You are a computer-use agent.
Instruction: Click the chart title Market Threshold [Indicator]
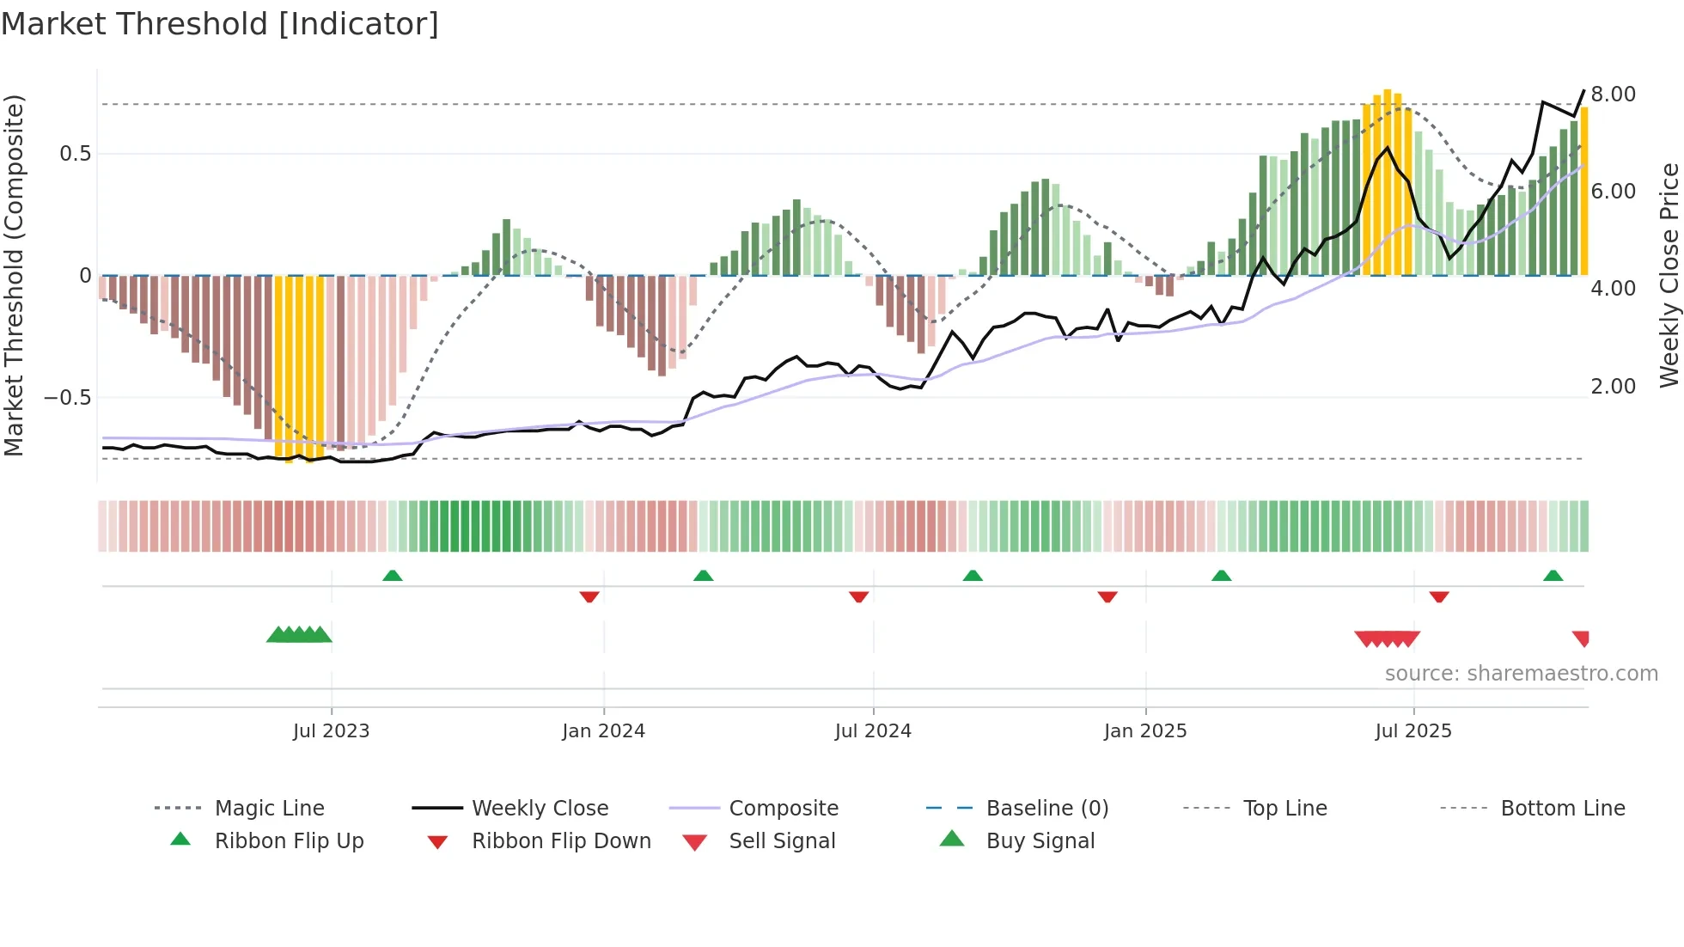click(x=220, y=24)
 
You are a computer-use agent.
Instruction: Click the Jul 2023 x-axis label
click(x=331, y=730)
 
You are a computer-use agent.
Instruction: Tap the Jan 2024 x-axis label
click(x=603, y=730)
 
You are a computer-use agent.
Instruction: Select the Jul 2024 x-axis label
click(x=873, y=730)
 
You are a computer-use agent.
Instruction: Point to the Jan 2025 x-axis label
click(x=1145, y=730)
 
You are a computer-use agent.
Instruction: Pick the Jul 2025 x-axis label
click(x=1413, y=730)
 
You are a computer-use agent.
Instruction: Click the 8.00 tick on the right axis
click(x=1613, y=94)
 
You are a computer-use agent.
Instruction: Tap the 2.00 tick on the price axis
click(x=1613, y=386)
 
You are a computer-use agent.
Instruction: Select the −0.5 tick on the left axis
click(x=67, y=397)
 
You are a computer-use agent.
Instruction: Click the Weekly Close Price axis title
click(x=1669, y=275)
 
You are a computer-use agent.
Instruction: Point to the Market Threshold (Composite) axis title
click(x=14, y=275)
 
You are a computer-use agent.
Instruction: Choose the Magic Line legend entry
click(x=269, y=808)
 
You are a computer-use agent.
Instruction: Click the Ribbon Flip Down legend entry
click(x=561, y=840)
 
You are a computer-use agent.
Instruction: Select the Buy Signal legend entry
click(x=1040, y=840)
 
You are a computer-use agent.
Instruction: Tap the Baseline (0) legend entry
click(x=1046, y=808)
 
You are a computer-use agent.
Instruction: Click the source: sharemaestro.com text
click(x=1521, y=673)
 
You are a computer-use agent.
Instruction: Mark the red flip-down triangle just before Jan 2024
click(x=589, y=596)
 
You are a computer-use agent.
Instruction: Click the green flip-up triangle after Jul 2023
click(x=393, y=575)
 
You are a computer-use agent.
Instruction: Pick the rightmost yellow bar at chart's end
click(x=1584, y=189)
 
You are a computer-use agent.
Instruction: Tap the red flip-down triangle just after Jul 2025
click(x=1439, y=596)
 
